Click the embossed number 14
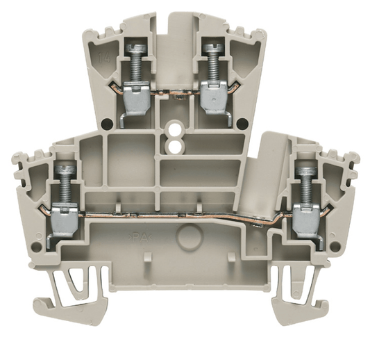104,56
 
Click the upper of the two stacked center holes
174,132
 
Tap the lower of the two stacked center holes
174,146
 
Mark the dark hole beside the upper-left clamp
106,125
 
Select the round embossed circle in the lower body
187,237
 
